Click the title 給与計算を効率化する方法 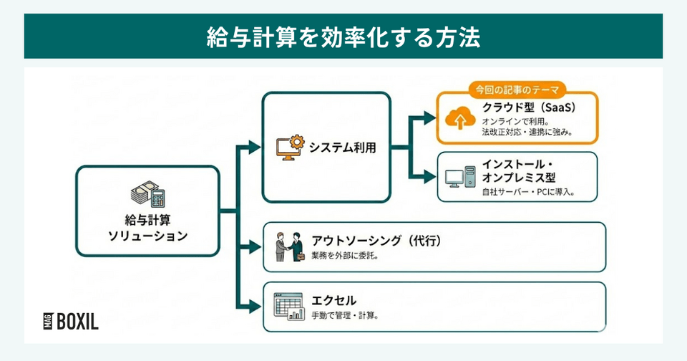tap(343, 37)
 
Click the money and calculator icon tap(147, 193)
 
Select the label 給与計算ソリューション tap(147, 228)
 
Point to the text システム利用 tap(342, 148)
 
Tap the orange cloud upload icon tap(456, 117)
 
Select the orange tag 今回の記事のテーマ tap(517, 90)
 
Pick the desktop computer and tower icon tap(457, 177)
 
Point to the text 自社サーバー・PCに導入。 tap(528, 193)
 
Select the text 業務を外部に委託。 tap(345, 256)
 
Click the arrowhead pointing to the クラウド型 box tap(429, 117)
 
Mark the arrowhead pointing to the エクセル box tap(255, 307)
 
